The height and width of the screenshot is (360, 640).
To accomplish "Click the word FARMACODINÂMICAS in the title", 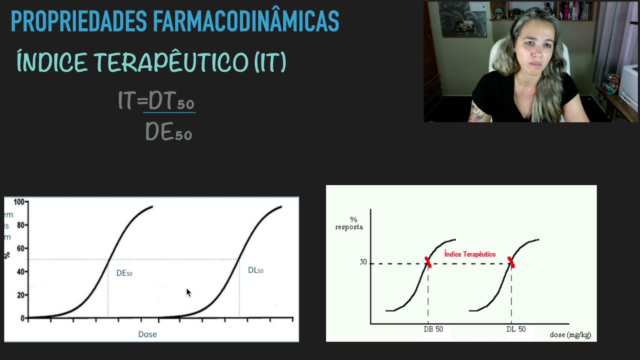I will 244,21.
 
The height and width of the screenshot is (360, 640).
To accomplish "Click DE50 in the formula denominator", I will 169,132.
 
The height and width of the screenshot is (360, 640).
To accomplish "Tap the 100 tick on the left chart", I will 19,202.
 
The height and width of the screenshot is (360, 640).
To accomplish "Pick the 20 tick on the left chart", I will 20,295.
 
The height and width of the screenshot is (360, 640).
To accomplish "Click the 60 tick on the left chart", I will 20,248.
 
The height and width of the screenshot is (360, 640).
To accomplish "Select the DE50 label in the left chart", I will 124,273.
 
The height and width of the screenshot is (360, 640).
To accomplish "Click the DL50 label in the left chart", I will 255,270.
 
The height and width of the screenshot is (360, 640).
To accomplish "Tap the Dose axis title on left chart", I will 147,334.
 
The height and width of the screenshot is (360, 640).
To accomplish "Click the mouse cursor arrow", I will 188,292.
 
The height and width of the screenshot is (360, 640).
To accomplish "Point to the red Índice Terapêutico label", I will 469,254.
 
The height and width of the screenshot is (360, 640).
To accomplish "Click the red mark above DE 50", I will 428,262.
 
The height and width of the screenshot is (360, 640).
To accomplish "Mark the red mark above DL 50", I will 511,262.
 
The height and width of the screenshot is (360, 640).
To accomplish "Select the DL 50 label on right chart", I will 516,329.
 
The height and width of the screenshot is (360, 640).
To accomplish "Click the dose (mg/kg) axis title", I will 570,334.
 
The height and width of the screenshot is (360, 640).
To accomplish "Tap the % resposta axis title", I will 349,223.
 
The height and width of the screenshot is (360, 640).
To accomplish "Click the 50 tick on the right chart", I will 363,262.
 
